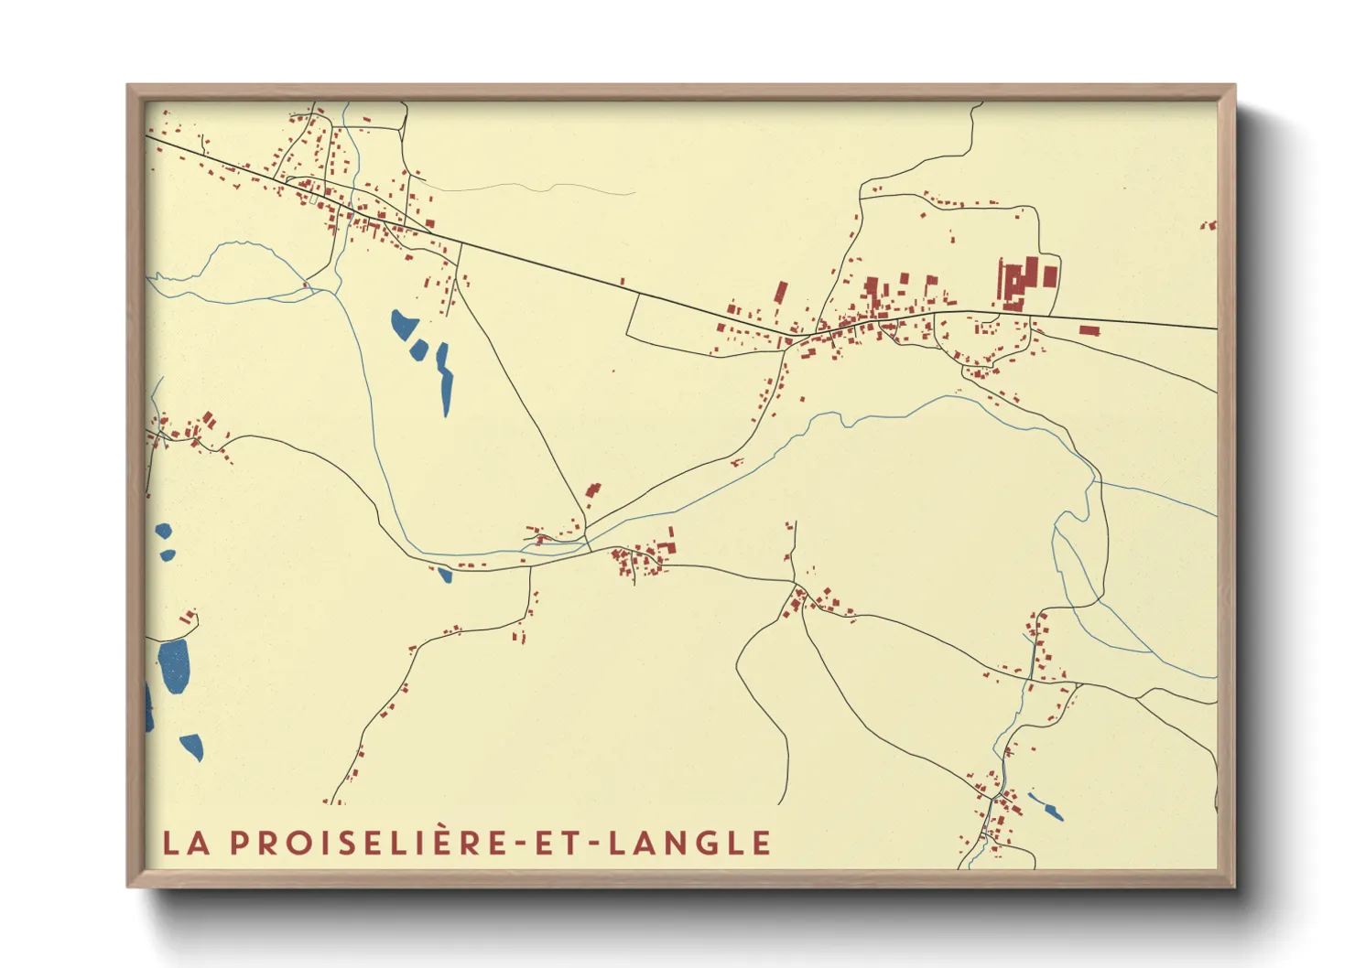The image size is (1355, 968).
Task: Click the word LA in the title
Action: point(186,843)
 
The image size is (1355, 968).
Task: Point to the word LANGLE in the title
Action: point(690,843)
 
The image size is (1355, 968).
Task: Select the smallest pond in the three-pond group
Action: point(417,350)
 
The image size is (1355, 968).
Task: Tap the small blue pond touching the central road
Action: point(445,575)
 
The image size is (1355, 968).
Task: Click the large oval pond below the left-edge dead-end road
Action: point(174,664)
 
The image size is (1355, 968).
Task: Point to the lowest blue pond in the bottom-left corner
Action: point(192,747)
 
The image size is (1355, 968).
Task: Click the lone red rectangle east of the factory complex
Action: point(1089,330)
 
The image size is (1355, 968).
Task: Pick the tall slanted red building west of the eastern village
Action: point(780,293)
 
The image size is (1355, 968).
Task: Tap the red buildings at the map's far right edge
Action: point(1210,224)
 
